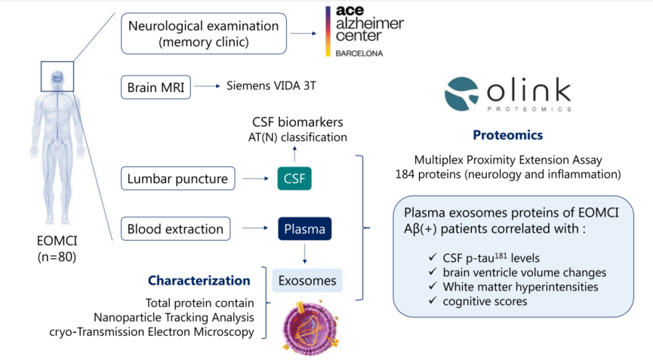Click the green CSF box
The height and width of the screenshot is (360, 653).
coord(294,179)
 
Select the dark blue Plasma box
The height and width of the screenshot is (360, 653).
coord(305,229)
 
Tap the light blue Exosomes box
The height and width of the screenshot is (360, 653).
coord(307,281)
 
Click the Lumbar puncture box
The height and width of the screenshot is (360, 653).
coord(178,179)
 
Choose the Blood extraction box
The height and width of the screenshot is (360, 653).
coord(176,229)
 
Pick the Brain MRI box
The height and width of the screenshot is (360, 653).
coord(156,88)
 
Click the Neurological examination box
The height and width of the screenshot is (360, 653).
coord(204,34)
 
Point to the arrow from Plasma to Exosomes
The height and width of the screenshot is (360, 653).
coord(305,254)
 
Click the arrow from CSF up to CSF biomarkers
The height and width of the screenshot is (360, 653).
coord(295,153)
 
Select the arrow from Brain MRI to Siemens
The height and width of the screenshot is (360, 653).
coord(208,86)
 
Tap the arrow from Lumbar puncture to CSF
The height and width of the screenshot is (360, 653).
coord(256,179)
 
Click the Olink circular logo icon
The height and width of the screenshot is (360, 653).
coord(461,94)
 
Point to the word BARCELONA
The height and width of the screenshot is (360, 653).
coord(359,54)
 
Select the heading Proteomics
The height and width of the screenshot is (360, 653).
coord(507,135)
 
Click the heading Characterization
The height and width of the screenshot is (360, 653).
coord(199,281)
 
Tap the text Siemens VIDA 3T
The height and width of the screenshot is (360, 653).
coord(271,86)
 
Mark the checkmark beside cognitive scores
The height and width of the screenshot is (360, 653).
coord(433,300)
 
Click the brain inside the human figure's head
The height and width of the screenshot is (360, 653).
coord(57,76)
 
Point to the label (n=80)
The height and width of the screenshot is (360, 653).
coord(57,257)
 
